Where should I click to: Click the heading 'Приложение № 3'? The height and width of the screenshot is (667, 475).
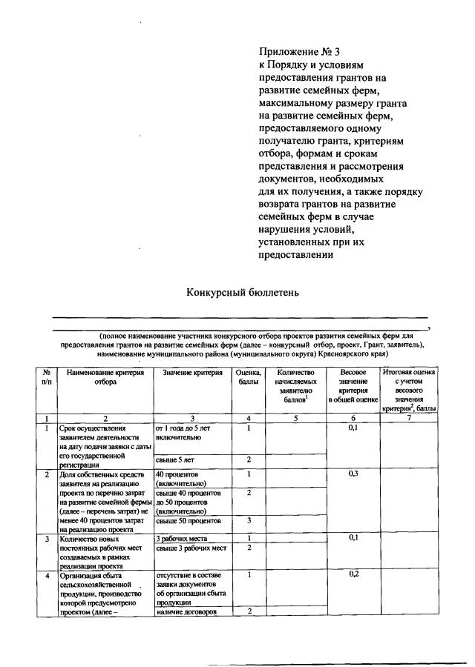tap(299, 52)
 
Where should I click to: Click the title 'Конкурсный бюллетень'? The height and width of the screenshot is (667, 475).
tap(242, 292)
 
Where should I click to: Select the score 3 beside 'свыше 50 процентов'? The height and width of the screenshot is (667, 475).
tap(249, 521)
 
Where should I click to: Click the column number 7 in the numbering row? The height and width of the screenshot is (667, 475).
tap(409, 419)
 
